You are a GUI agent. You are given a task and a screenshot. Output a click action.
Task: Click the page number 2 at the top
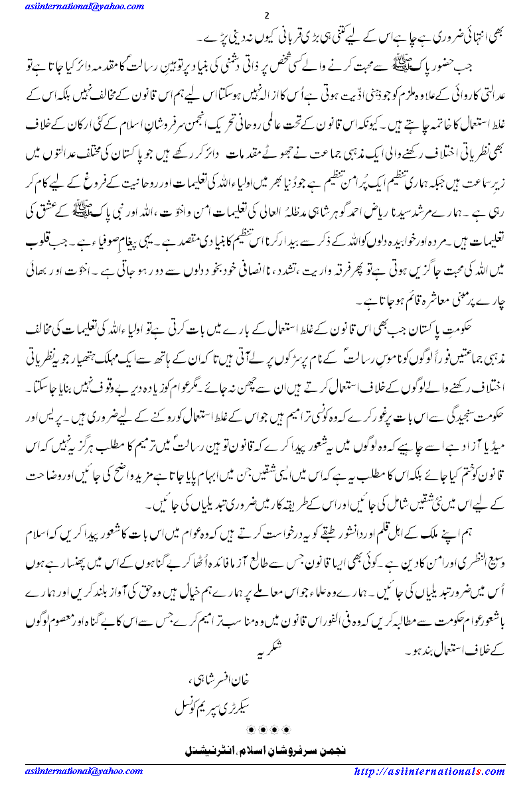(265, 16)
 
